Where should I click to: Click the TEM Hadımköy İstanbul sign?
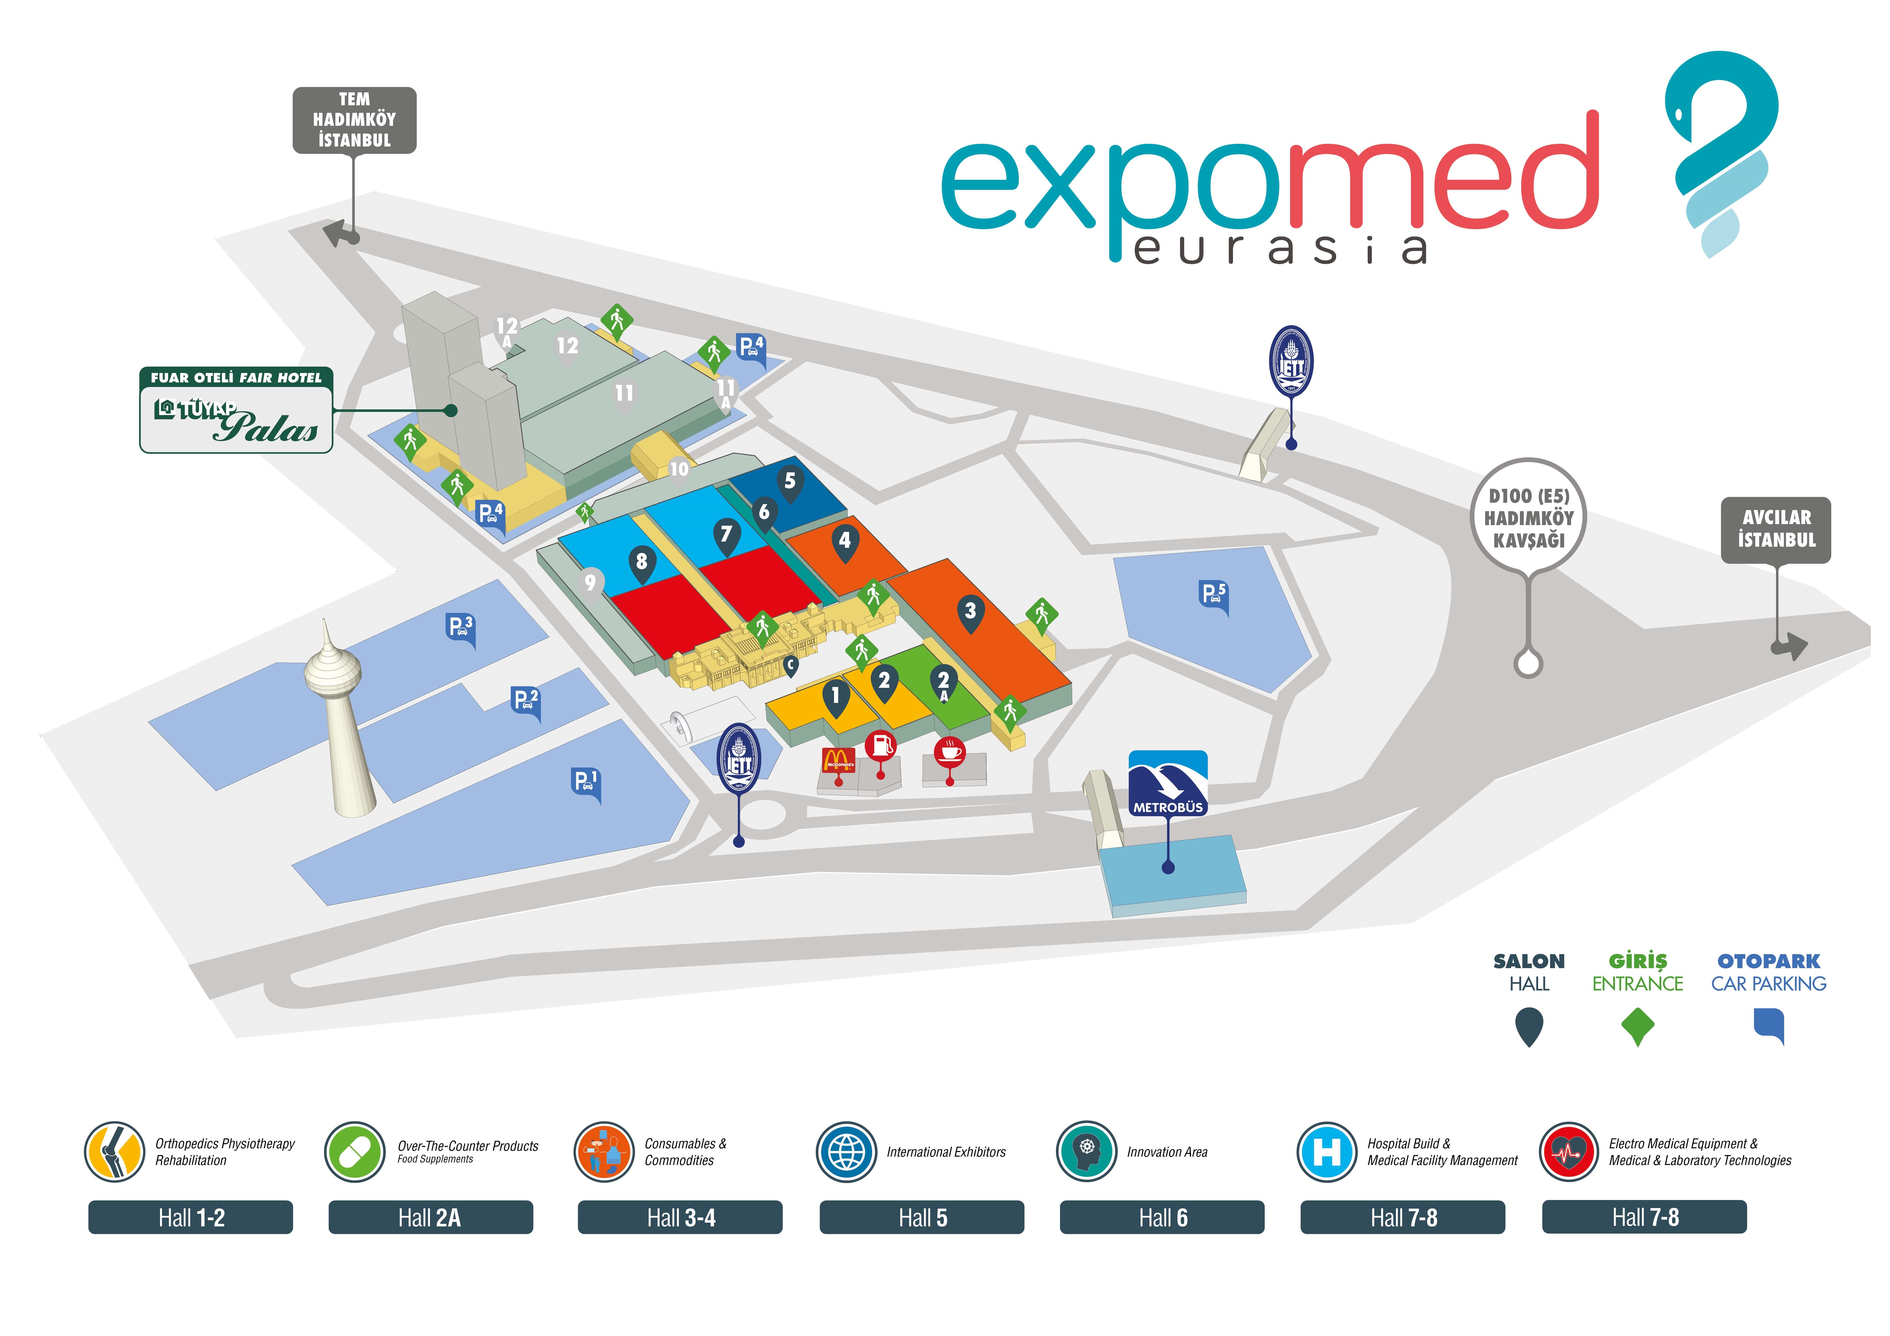[355, 120]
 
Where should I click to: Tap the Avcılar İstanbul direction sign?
[1776, 529]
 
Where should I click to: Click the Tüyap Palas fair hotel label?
[236, 410]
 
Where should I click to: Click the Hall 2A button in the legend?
[430, 1218]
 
